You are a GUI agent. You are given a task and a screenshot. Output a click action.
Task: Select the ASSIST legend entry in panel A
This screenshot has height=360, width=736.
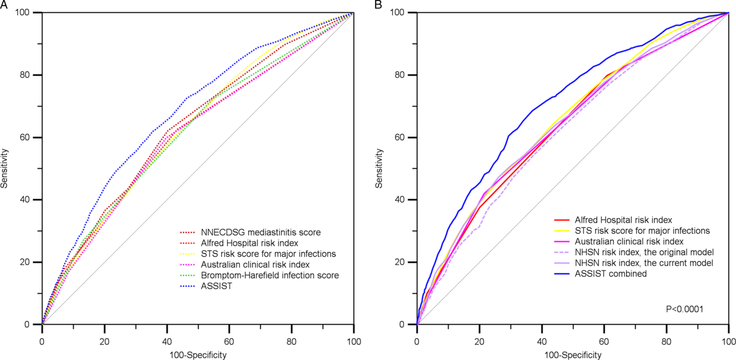(x=214, y=286)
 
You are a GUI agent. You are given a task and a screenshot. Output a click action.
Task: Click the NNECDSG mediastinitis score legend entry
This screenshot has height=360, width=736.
(x=261, y=233)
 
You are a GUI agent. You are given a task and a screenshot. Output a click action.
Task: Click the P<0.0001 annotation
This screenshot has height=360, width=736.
(x=685, y=309)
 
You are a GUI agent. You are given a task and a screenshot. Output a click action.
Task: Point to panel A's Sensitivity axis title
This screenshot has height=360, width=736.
(x=5, y=168)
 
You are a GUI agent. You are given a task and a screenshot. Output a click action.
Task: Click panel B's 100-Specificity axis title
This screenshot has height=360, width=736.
(x=573, y=355)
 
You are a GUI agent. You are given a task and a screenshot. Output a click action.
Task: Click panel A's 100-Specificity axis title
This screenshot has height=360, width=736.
(x=198, y=355)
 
